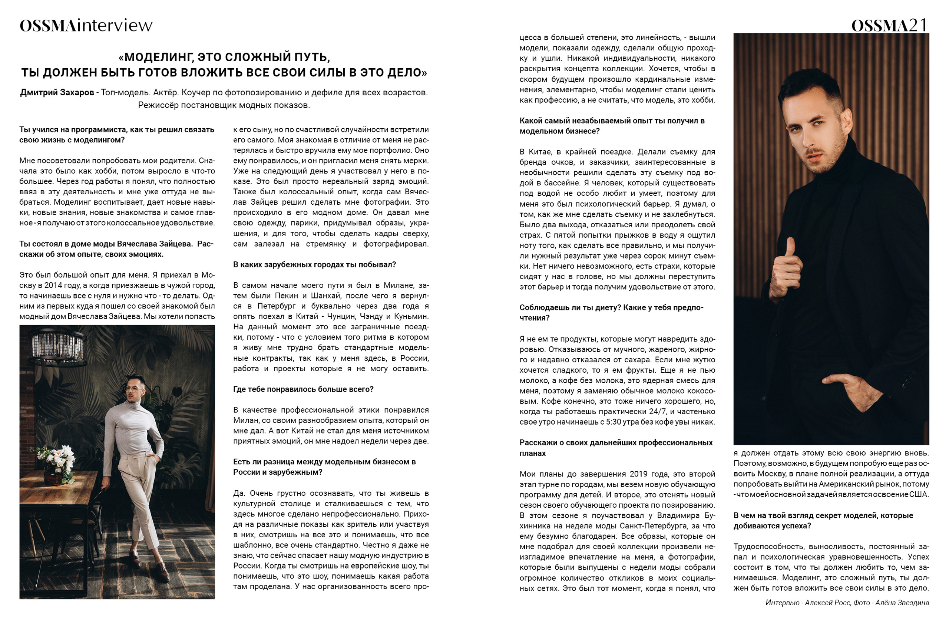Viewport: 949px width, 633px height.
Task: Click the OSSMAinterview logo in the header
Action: point(86,26)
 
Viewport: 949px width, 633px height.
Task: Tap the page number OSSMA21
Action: point(889,26)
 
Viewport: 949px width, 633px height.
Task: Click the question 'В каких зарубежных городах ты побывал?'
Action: point(314,265)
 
